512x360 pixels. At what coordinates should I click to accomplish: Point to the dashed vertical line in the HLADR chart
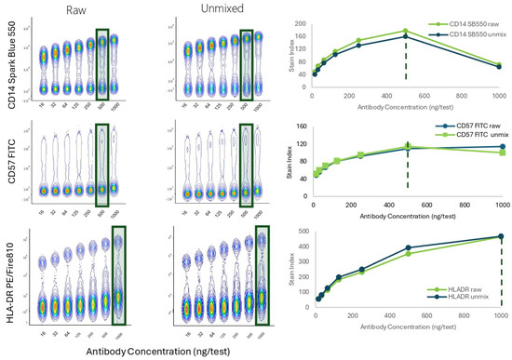pyautogui.click(x=501, y=279)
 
